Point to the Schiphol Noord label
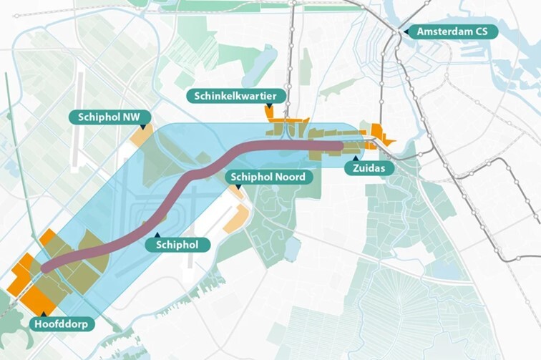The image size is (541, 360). [x=268, y=177]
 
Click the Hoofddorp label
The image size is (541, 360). [x=64, y=324]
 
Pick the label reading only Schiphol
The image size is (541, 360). [x=177, y=245]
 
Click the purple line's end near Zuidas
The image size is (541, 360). [x=339, y=146]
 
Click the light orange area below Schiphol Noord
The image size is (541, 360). [x=237, y=220]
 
